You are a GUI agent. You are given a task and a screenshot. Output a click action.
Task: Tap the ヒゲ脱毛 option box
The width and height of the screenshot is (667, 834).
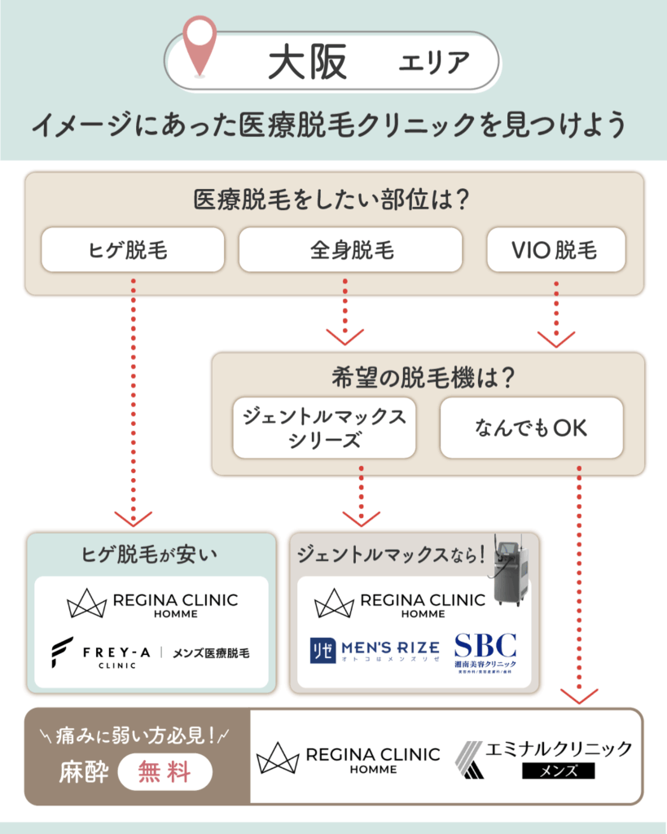[132, 249]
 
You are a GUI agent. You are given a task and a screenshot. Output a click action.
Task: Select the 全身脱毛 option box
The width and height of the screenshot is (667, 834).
[350, 249]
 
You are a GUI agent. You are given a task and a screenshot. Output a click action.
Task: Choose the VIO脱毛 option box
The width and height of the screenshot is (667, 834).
[555, 249]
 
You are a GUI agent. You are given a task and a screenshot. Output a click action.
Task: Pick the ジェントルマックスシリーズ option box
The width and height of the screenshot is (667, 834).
[324, 428]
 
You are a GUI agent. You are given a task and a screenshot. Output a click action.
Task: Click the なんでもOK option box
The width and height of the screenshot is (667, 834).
[531, 428]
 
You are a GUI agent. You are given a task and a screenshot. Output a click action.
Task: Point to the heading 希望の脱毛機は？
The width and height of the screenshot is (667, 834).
[428, 378]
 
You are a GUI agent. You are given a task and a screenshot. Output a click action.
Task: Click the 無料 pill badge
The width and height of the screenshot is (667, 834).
[165, 771]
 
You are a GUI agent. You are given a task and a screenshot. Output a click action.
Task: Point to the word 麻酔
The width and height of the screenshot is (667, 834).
[83, 771]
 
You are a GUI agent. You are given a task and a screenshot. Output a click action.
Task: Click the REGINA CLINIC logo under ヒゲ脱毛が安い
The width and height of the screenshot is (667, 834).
[151, 604]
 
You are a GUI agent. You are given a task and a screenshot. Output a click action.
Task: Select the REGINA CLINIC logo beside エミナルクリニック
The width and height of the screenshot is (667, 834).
[348, 757]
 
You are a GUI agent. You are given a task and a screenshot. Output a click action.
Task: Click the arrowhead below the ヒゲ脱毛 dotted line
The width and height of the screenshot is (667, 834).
[132, 518]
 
